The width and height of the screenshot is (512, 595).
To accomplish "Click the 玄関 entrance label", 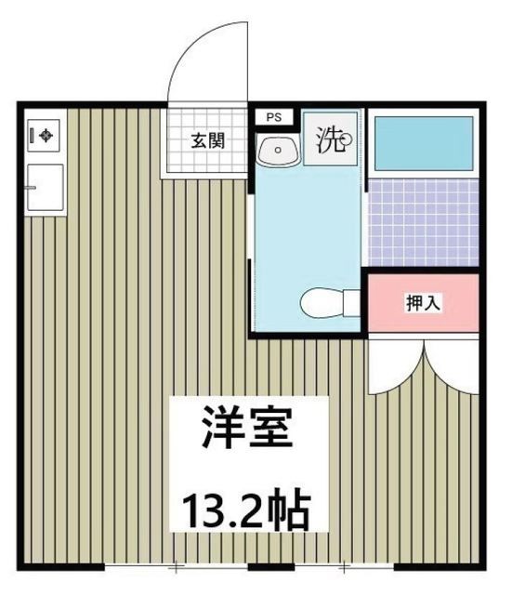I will coord(206,142).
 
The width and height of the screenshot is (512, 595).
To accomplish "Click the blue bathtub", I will coord(423,141).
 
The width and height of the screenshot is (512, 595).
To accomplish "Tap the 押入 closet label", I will coord(423,302).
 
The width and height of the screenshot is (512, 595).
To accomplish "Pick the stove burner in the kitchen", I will coord(45,136).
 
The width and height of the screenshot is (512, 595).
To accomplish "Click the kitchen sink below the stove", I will coord(45,189).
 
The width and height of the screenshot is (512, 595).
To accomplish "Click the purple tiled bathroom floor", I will coord(423,221).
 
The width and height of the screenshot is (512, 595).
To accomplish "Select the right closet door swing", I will coord(453,365).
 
